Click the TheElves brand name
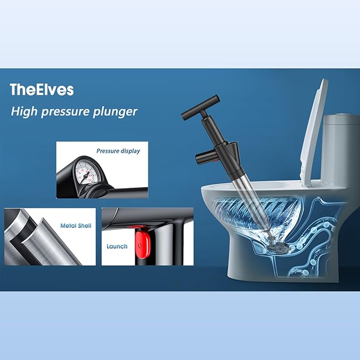pyautogui.click(x=42, y=90)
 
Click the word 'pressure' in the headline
pyautogui.click(x=65, y=112)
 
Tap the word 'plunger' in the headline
pyautogui.click(x=115, y=112)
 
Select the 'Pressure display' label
pyautogui.click(x=118, y=151)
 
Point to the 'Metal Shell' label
pyautogui.click(x=76, y=226)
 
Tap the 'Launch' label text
pyautogui.click(x=117, y=247)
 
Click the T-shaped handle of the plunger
pyautogui.click(x=200, y=108)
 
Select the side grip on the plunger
pyautogui.click(x=205, y=157)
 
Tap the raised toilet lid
pyautogui.click(x=314, y=133)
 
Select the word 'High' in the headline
pyautogui.click(x=24, y=111)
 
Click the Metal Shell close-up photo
pyautogui.click(x=50, y=236)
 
